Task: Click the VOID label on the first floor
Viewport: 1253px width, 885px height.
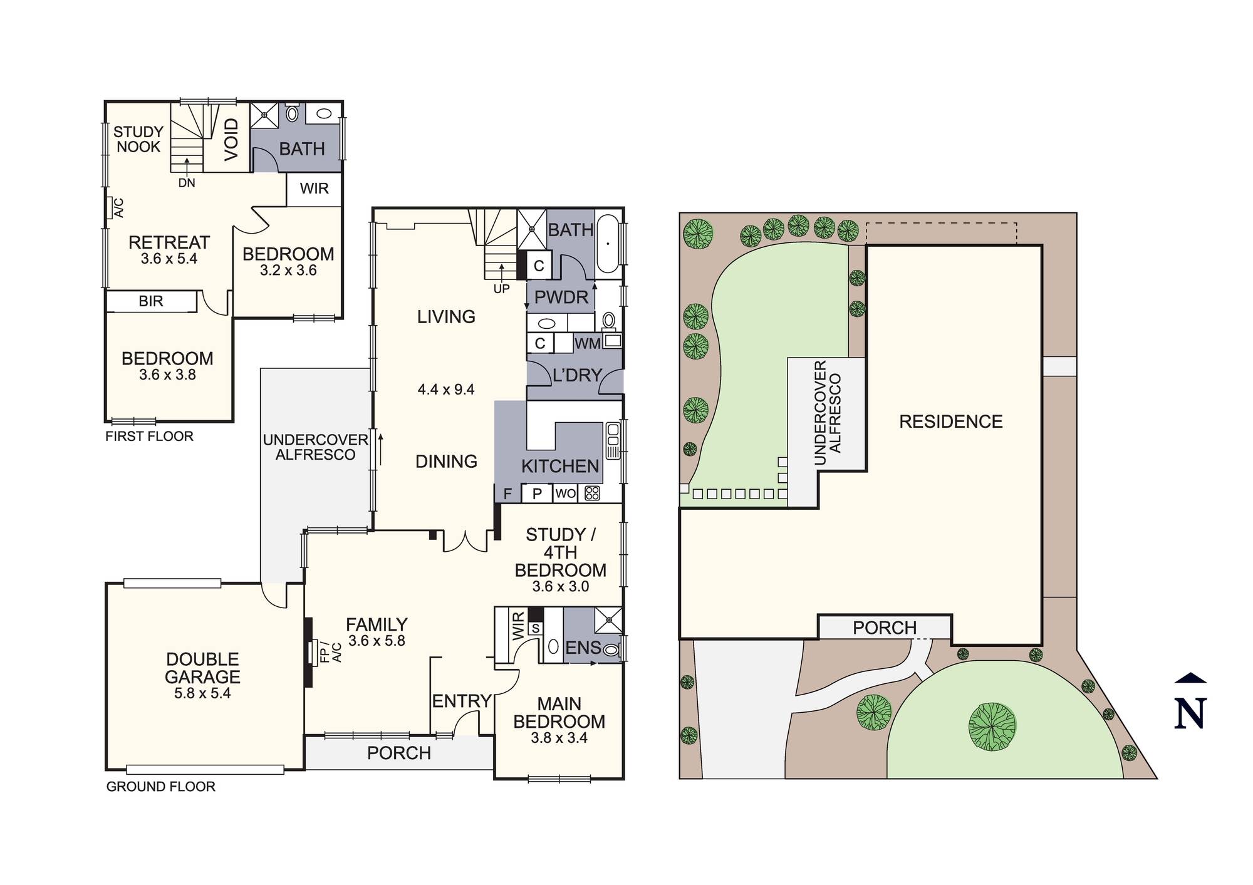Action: click(x=231, y=139)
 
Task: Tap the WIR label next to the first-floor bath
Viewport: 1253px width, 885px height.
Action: click(x=314, y=189)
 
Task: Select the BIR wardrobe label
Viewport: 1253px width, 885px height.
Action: click(x=150, y=301)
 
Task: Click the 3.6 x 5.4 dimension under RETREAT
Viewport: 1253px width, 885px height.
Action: click(x=169, y=259)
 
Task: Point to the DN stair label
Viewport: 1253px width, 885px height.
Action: click(x=187, y=183)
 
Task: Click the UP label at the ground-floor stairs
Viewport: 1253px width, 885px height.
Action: click(x=501, y=289)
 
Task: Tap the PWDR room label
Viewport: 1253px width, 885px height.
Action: click(x=561, y=298)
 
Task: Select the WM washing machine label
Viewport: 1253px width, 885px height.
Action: click(x=587, y=343)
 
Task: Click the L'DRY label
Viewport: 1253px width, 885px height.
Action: click(x=577, y=375)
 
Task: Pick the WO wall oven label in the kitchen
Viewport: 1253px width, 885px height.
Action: click(x=565, y=494)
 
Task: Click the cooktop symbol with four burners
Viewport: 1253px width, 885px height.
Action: click(x=592, y=494)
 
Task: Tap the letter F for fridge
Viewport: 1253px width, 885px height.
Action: click(x=507, y=494)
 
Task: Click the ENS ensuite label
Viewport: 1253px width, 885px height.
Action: click(x=583, y=648)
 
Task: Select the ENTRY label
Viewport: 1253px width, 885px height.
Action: click(x=462, y=701)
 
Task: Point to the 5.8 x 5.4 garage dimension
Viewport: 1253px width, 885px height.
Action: click(x=202, y=693)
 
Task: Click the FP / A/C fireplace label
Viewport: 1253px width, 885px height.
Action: click(x=330, y=652)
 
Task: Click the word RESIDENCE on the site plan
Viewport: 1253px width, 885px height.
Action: click(x=950, y=422)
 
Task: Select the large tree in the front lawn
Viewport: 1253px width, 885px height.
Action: click(x=992, y=727)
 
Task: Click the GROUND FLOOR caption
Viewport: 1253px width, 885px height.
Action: click(x=160, y=787)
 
